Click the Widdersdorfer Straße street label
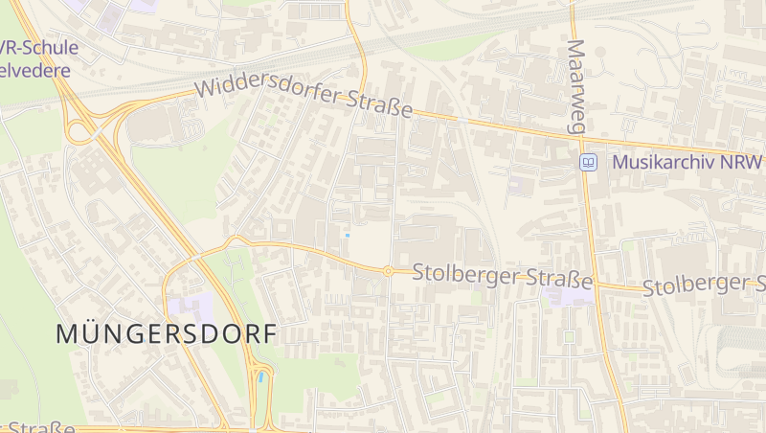coord(304,99)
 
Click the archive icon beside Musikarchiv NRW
coord(588,162)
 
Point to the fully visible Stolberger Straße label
coord(503,276)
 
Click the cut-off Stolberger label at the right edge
coord(704,285)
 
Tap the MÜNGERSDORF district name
coord(166,334)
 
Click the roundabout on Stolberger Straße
coord(388,271)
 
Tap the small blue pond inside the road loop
coord(260,377)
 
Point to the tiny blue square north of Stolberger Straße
coord(348,235)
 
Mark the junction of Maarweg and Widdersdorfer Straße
coord(585,135)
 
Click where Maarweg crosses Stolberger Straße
coord(597,284)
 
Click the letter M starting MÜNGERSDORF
coord(68,334)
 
